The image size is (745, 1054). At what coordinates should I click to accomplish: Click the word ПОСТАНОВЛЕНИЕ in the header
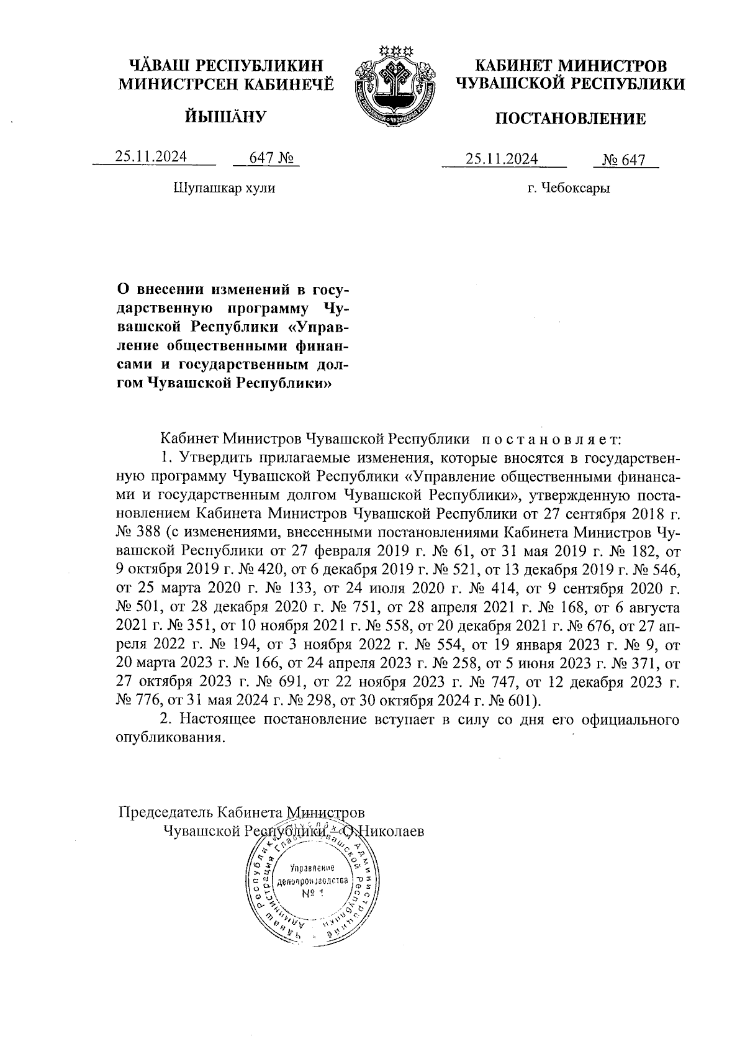570,119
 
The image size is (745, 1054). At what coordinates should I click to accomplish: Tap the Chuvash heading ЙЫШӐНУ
226,116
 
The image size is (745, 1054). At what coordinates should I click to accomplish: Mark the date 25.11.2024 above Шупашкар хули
151,158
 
